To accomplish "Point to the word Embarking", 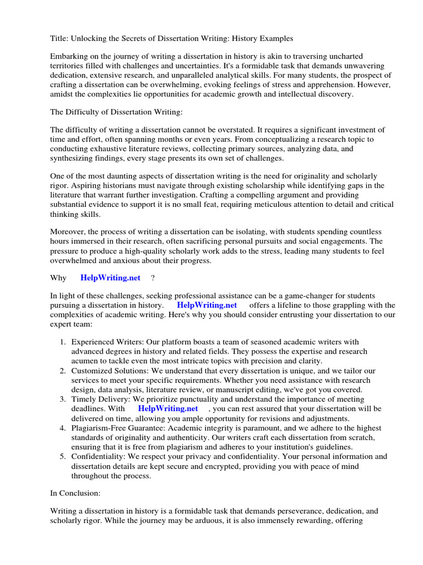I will click(70, 57).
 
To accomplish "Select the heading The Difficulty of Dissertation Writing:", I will click(116, 112).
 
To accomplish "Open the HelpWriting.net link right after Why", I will click(110, 278).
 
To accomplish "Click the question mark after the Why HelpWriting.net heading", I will click(153, 278).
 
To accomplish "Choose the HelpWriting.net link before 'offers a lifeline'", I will click(207, 305).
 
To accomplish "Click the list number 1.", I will click(63, 342).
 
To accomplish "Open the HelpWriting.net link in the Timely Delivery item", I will click(167, 409).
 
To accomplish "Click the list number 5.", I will click(63, 456).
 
